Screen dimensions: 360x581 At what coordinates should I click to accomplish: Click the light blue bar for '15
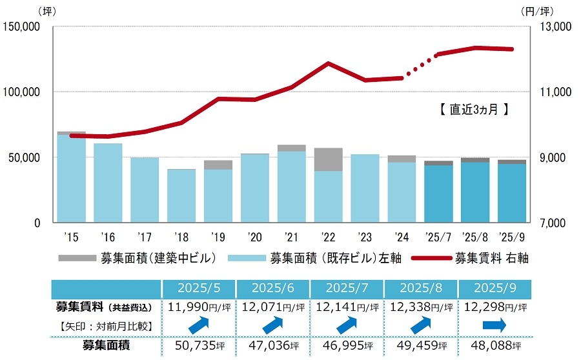click(71, 179)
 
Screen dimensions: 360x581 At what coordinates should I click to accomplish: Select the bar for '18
click(181, 196)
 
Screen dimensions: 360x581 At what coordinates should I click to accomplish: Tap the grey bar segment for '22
click(328, 159)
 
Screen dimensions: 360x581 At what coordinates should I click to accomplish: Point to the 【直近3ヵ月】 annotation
click(469, 110)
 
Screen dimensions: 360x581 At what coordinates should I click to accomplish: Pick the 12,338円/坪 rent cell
click(421, 307)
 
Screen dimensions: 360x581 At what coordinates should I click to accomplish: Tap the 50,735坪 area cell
click(199, 346)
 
